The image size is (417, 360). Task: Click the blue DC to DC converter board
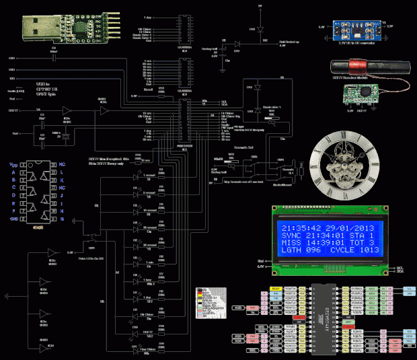click(x=354, y=30)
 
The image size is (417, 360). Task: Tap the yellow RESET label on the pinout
click(x=275, y=289)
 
